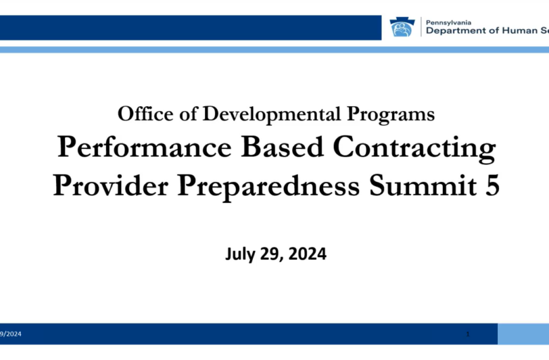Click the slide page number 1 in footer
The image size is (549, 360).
click(468, 333)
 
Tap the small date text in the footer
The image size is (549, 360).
click(10, 334)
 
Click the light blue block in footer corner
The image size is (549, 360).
click(523, 333)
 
